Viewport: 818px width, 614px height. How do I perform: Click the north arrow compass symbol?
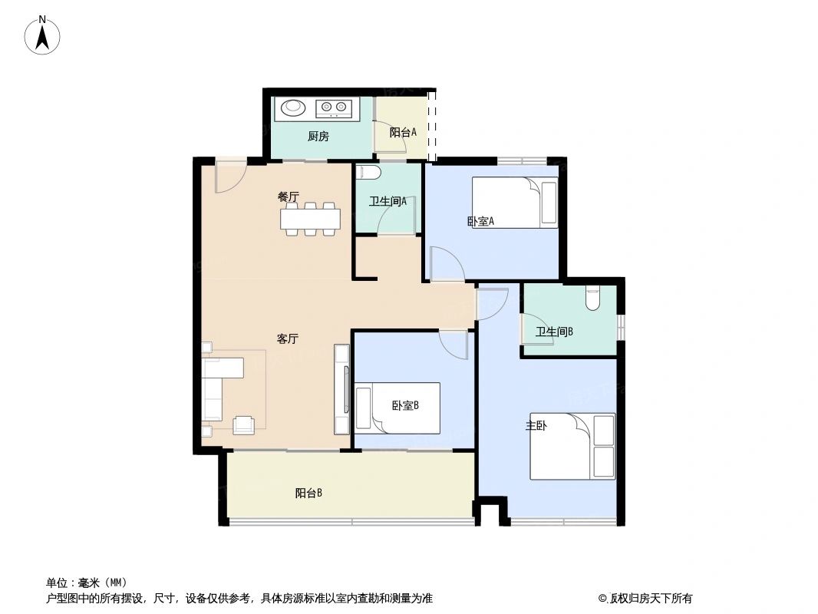[x=44, y=36]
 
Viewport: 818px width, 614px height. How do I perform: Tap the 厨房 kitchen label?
[x=318, y=137]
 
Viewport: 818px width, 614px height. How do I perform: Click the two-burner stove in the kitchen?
[x=334, y=107]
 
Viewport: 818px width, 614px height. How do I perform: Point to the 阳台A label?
[x=403, y=132]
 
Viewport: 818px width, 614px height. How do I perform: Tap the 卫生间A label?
[x=388, y=202]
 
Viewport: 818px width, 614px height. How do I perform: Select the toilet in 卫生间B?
[x=592, y=298]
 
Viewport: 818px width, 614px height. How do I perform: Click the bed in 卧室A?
[x=514, y=203]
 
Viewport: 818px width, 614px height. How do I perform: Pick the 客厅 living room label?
[x=288, y=338]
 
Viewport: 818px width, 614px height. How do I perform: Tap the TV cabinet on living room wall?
[x=342, y=389]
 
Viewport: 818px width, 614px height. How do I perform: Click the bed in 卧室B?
[x=397, y=408]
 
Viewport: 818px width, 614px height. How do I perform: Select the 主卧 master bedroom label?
[x=536, y=425]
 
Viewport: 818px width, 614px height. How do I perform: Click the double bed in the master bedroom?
[x=572, y=446]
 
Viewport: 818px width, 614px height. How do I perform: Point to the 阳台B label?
[x=308, y=494]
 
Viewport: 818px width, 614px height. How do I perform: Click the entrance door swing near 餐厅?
[x=229, y=177]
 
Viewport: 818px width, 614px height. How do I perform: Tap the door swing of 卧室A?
[x=446, y=264]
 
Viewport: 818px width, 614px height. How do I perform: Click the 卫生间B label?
[x=555, y=332]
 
